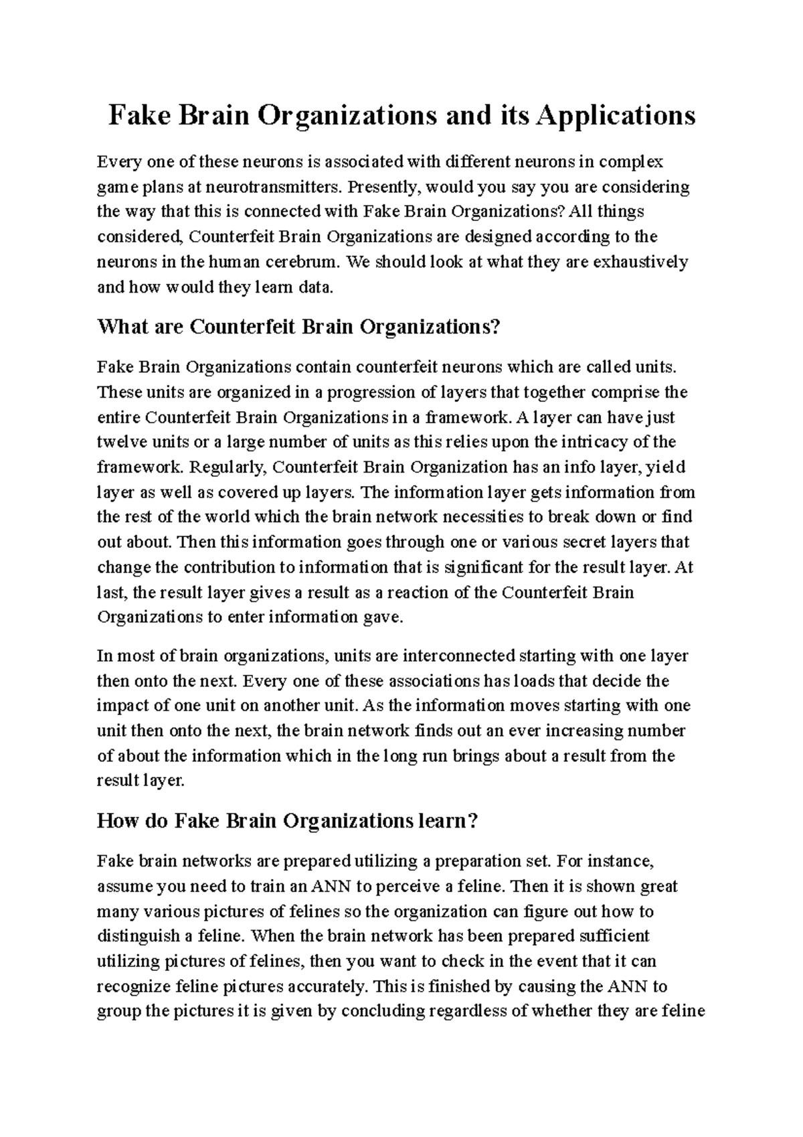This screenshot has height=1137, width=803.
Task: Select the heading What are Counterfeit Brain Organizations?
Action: [x=298, y=327]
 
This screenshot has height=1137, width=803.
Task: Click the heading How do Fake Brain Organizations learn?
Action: [x=288, y=821]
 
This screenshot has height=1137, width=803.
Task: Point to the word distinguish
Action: [x=133, y=936]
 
